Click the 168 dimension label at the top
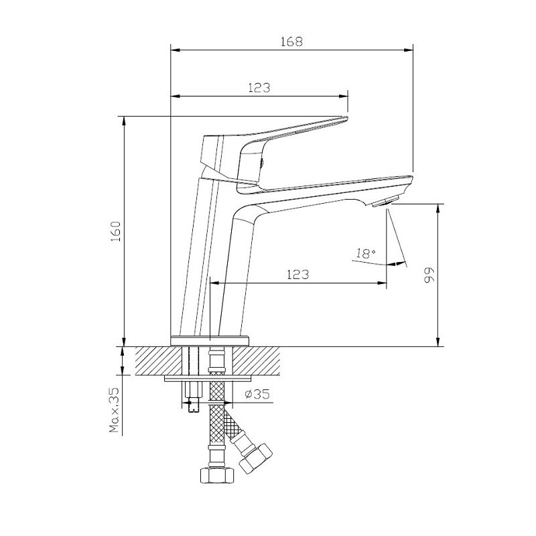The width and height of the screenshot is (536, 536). coord(291,42)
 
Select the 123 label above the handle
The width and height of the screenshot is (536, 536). coord(259,88)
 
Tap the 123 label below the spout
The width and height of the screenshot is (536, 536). coord(297,274)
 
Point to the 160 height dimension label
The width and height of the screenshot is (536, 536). coord(116,231)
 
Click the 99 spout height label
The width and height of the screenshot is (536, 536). coord(429,275)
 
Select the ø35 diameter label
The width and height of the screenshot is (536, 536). coord(257,394)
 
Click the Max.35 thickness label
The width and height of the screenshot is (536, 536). coord(114,410)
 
